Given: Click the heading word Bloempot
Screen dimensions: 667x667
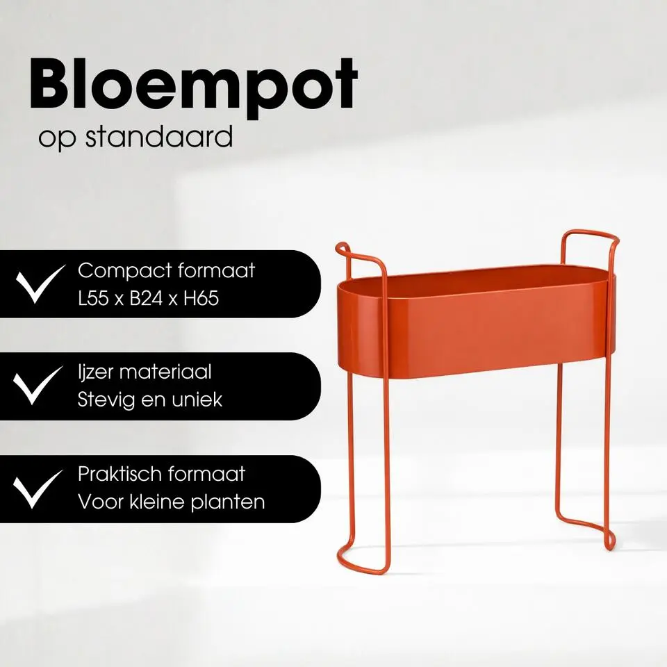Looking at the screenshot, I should point(193,86).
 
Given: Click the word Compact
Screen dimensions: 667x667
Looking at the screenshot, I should point(120,271).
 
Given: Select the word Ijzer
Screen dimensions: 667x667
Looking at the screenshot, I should point(96,373).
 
